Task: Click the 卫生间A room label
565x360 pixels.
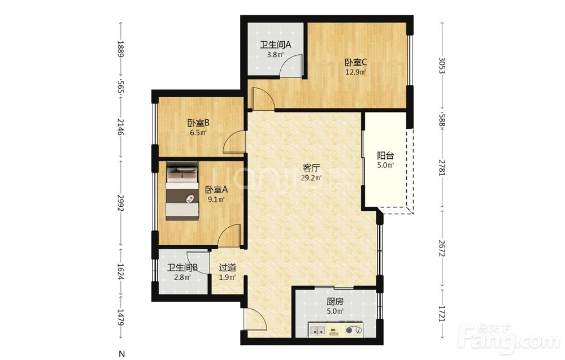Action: pos(276,45)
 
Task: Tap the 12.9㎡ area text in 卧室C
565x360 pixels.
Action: pos(356,72)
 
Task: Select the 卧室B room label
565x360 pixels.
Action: pos(198,123)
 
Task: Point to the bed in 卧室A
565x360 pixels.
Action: pos(182,190)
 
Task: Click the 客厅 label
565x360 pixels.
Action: pos(311,168)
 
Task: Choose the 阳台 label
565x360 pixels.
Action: pos(385,155)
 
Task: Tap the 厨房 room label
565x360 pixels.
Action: pos(334,301)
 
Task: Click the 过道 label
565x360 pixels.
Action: pos(228,268)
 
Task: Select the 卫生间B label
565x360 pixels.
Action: pos(182,268)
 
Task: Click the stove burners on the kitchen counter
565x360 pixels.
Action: pos(354,329)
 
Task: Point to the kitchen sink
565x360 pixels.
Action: pos(317,329)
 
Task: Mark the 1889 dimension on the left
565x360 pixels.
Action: pos(121,49)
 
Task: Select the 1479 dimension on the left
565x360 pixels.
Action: pos(121,317)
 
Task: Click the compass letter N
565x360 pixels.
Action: pos(122,354)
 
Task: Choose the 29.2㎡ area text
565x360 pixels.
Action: pos(311,177)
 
